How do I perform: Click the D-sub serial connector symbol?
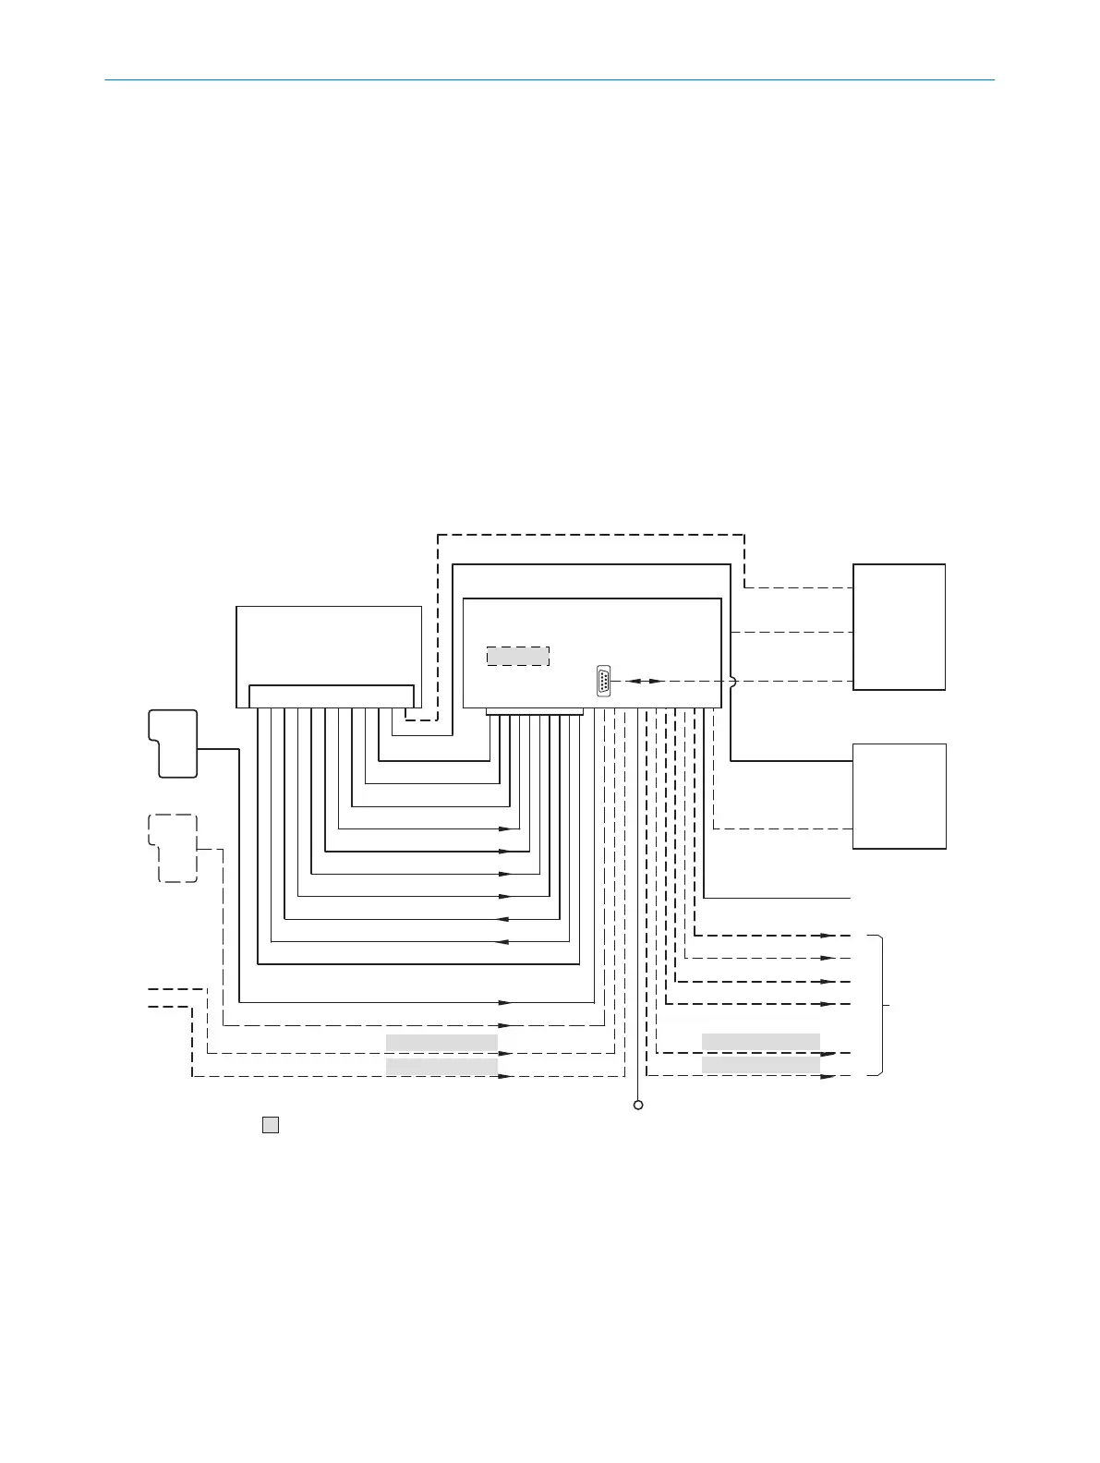tap(604, 680)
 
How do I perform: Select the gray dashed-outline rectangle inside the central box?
tap(518, 657)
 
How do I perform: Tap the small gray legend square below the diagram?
tap(271, 1125)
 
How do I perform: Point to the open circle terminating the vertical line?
tap(637, 1105)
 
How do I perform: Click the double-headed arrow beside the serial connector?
tap(644, 681)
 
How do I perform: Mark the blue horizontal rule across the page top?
tap(550, 80)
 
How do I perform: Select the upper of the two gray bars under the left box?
tap(441, 1043)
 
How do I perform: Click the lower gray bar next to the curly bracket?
tap(761, 1065)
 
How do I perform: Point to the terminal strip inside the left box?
tap(331, 695)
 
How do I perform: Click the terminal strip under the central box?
tap(535, 711)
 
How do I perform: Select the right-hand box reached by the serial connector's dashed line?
tap(899, 626)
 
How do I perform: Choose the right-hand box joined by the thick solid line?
tap(899, 795)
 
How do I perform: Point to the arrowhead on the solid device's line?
tap(505, 1002)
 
